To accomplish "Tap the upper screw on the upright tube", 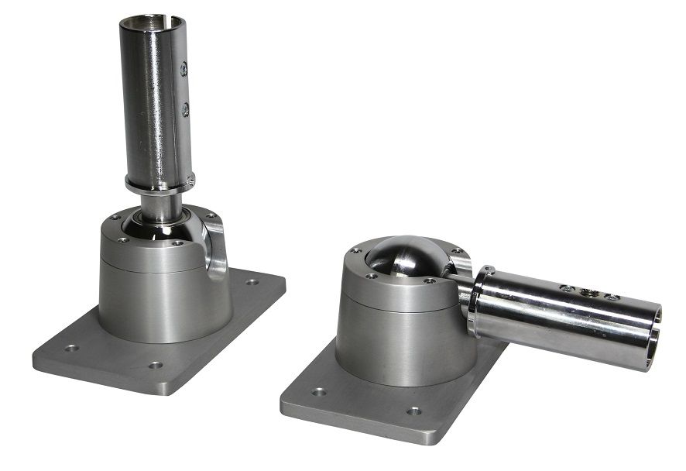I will point(184,70).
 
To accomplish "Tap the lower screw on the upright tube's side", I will point(185,110).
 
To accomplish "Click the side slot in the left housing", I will point(216,248).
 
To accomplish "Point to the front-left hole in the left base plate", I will point(71,349).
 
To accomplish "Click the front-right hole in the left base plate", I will point(156,365).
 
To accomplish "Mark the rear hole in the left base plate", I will point(252,282).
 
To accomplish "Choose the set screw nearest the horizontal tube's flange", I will point(568,288).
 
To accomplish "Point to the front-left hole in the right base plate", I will point(318,392).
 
